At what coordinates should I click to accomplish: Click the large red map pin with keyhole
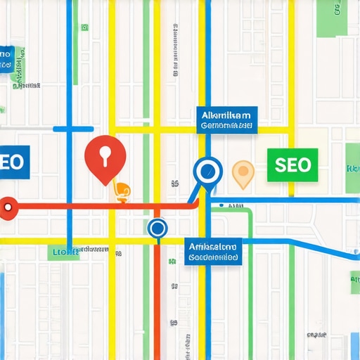pos(104,156)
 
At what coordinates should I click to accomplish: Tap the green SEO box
pos(292,165)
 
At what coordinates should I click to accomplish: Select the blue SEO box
pos(13,162)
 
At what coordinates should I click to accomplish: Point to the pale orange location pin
pos(243,172)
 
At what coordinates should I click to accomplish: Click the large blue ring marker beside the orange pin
pos(207,169)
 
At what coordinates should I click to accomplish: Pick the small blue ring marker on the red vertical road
pos(157,228)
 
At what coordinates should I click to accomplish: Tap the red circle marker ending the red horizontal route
pos(8,207)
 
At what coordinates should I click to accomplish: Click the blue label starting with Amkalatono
pos(214,251)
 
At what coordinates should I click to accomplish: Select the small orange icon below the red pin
pos(122,191)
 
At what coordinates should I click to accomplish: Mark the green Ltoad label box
pos(63,252)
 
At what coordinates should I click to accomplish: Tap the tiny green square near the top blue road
pos(85,27)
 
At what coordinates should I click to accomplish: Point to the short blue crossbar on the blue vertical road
pos(73,129)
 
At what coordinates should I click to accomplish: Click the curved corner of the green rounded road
pos(247,213)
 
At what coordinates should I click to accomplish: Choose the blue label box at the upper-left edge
pos(6,60)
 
